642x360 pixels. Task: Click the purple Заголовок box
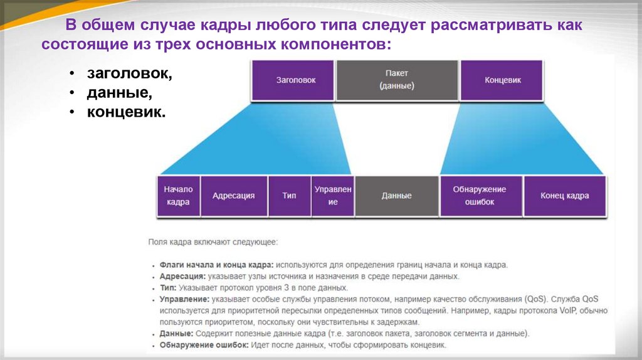(293, 80)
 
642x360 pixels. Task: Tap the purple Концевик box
(502, 80)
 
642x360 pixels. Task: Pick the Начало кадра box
(178, 196)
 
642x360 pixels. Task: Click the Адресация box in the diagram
(233, 196)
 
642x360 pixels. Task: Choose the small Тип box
(289, 196)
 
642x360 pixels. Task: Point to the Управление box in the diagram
(333, 196)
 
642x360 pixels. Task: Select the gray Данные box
(396, 196)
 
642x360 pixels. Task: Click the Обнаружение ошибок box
(479, 196)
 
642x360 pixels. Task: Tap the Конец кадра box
(564, 196)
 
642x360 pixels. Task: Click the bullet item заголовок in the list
(129, 73)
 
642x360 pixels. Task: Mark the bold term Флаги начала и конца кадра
(216, 265)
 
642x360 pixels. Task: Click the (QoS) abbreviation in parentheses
(532, 299)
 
